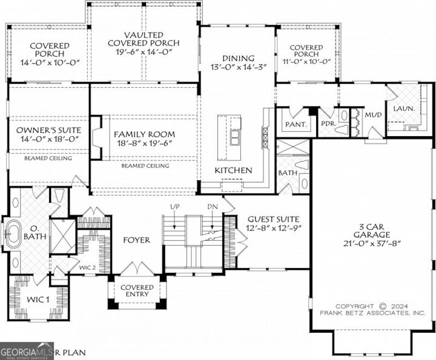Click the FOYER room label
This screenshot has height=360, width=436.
pos(137,240)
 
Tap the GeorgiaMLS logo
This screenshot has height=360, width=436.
pos(27,351)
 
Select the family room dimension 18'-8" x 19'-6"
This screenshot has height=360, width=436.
pos(145,145)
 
